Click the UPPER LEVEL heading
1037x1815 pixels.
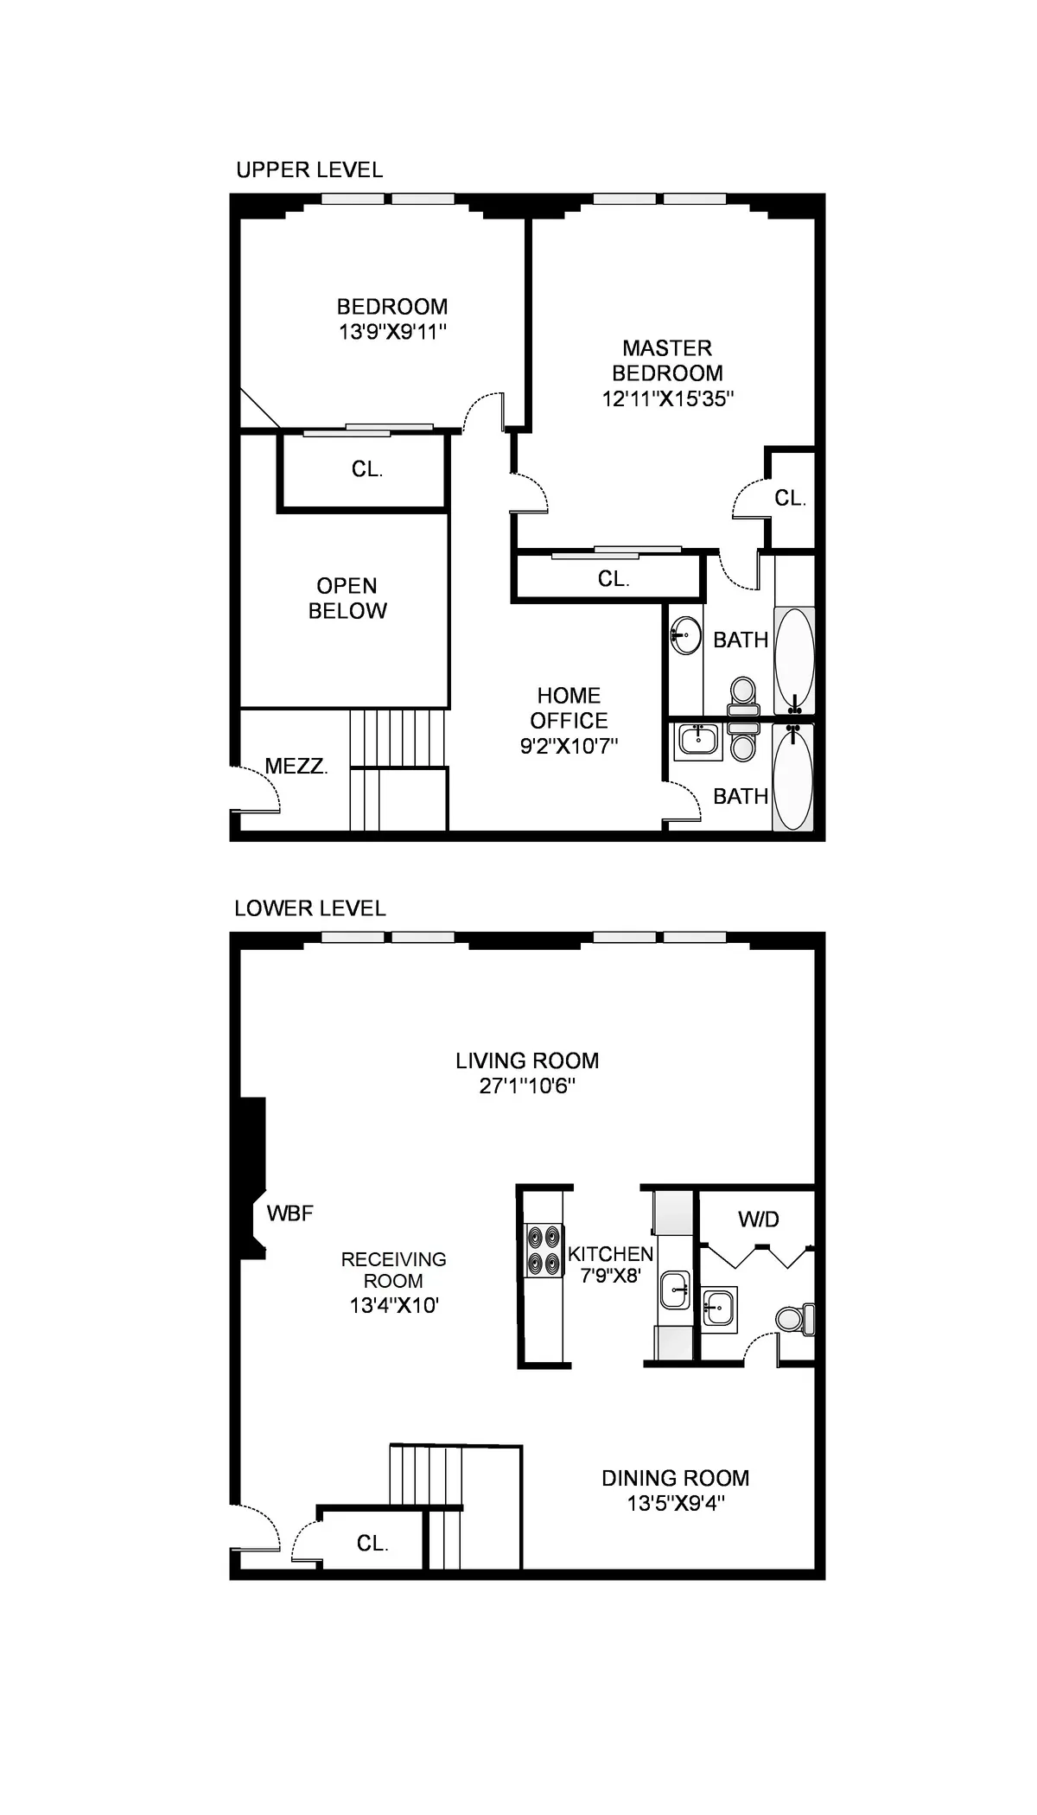click(309, 169)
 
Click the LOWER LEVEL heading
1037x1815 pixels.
click(309, 908)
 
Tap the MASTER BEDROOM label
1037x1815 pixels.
click(667, 360)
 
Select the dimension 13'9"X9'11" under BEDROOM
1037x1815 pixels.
click(392, 332)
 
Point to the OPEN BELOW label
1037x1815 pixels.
click(347, 598)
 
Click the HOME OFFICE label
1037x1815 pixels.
click(569, 708)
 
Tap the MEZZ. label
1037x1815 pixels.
click(296, 766)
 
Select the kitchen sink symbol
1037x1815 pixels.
click(675, 1290)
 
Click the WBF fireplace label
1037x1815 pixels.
click(289, 1213)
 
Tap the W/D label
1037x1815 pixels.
click(758, 1220)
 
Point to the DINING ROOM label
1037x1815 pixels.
click(675, 1478)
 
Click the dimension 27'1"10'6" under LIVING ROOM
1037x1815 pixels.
click(527, 1086)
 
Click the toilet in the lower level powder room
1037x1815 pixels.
click(794, 1319)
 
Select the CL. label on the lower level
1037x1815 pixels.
click(372, 1544)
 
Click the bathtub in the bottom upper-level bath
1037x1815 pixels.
click(792, 780)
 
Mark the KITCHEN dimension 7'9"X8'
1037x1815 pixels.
click(610, 1275)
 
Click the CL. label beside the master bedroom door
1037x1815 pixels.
click(790, 498)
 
